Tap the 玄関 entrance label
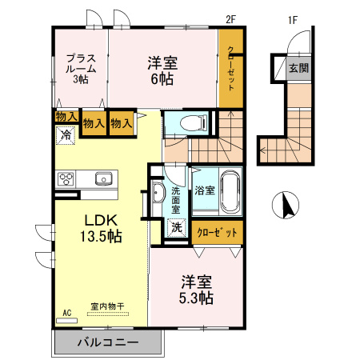[x=298, y=68]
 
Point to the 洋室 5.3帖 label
[x=196, y=290]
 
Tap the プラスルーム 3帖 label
[x=81, y=68]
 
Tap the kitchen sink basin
[x=103, y=178]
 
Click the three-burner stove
[x=66, y=178]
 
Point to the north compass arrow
[x=282, y=206]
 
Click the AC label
[x=66, y=312]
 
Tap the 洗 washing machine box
[x=176, y=226]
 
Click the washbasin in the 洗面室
[x=157, y=192]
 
